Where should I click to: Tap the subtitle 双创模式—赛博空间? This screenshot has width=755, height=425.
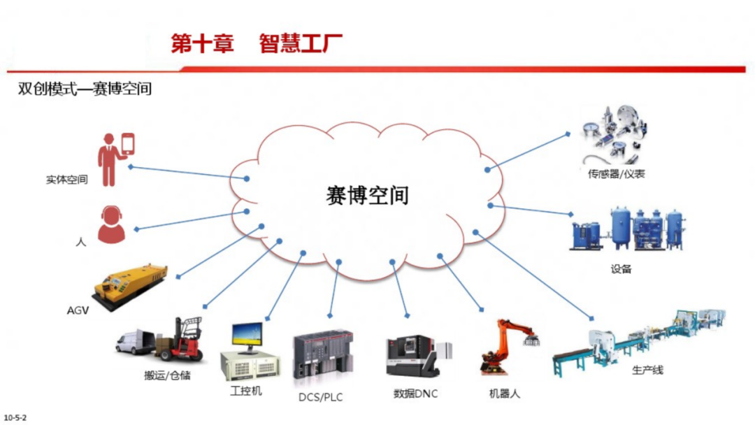85,89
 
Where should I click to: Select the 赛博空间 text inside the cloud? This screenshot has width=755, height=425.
367,195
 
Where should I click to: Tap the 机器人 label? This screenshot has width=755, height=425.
504,394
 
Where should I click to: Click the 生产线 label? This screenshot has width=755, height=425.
647,370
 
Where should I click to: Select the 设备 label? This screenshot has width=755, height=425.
621,269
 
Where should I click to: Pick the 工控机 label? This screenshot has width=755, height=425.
246,391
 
